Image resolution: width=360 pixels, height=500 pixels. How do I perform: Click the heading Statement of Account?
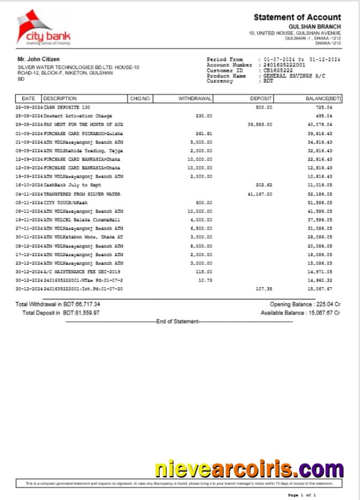[x=297, y=18]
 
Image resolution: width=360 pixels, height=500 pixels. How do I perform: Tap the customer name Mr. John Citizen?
[x=39, y=59]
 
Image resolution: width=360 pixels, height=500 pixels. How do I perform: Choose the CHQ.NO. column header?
[x=141, y=99]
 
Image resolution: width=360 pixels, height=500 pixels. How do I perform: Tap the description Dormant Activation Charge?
[x=78, y=116]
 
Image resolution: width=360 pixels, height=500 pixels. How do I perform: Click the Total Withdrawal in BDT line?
[x=57, y=304]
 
